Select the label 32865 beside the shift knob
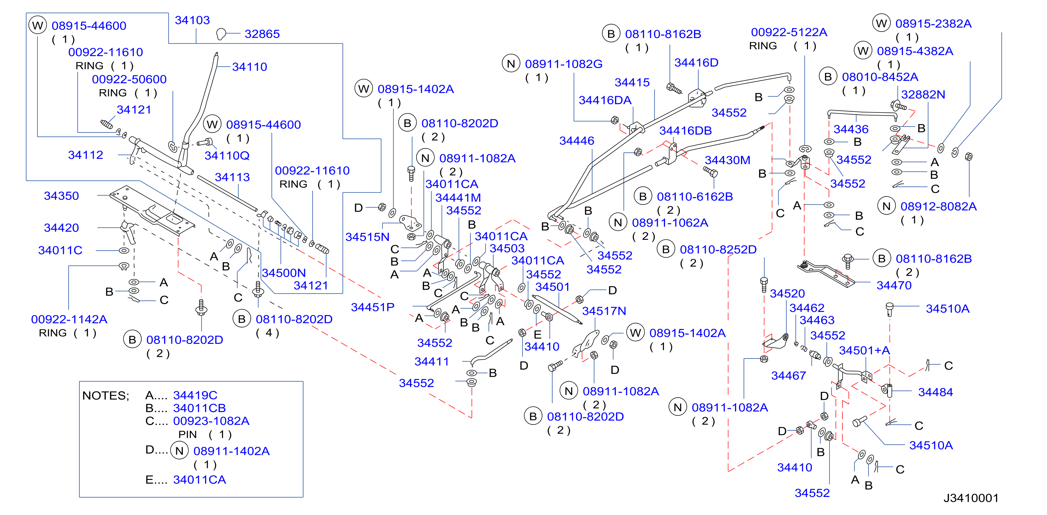coord(262,34)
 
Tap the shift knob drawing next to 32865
coord(221,34)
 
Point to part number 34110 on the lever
coord(249,67)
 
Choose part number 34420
coord(61,228)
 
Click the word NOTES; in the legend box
coord(106,396)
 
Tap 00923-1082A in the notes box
coord(211,421)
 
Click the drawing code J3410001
coord(971,498)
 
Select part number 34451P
coord(373,307)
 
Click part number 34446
coord(577,141)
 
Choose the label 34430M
coord(727,160)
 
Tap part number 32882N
coord(923,94)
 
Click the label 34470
coord(894,285)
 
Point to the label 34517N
coord(604,311)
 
